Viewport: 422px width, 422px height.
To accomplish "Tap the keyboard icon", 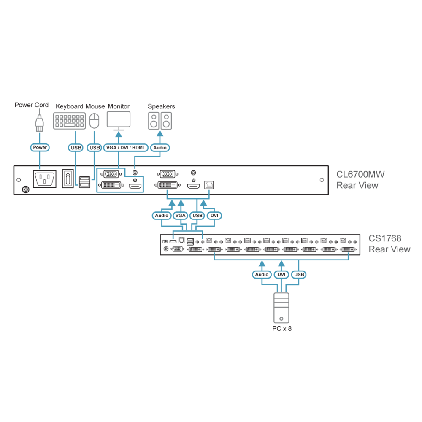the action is pos(70,121).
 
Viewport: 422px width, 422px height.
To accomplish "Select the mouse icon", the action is pos(94,121).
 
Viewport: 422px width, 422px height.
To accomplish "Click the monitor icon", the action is pos(119,121).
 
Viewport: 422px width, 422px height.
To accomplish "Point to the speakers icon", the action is pos(160,121).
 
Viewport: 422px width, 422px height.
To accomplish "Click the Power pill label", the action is pos(40,147).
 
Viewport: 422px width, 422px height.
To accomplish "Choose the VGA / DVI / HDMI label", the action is pos(125,148).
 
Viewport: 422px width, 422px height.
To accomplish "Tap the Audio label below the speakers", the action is pos(160,148).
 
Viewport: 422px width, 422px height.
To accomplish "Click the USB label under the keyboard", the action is pos(76,148).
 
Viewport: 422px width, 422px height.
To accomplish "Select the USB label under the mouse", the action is pos(95,148).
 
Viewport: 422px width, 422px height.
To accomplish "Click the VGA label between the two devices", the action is pos(180,216).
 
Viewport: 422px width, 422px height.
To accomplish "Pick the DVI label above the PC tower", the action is pos(281,275).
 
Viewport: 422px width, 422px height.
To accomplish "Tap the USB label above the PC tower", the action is pos(299,275).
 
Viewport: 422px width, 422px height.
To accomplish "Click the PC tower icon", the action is pos(281,308).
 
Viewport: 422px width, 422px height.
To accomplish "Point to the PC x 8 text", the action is pos(282,329).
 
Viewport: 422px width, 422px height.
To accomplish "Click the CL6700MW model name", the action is pos(360,174).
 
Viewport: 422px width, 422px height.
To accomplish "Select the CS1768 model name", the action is pos(385,238).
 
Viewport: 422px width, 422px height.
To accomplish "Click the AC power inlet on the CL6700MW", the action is pos(45,179).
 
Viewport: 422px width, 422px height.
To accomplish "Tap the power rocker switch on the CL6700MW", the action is pos(68,179).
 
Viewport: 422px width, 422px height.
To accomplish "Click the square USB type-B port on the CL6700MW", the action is pos(209,185).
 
